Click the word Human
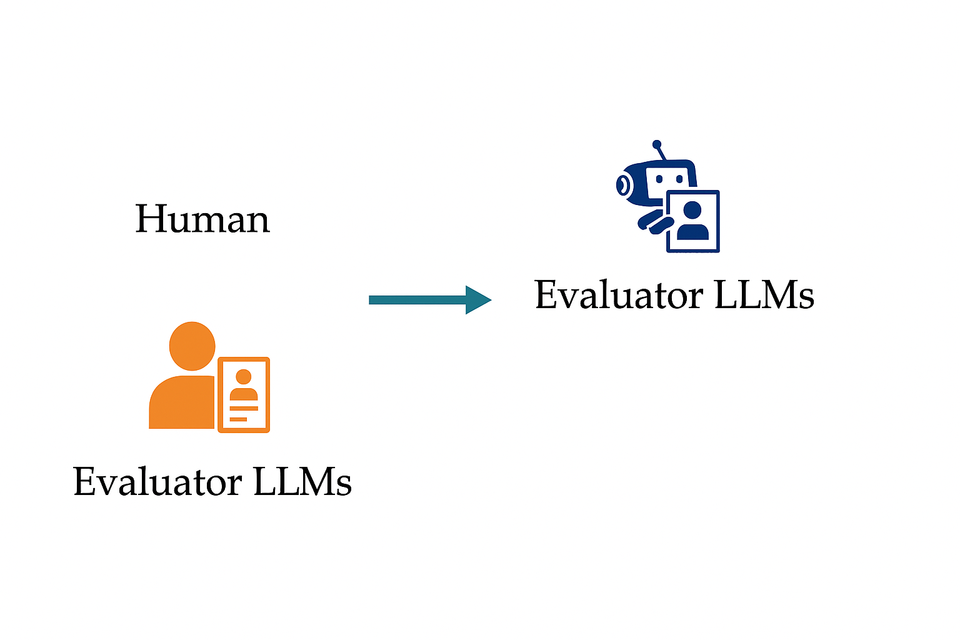(202, 219)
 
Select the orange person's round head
(192, 346)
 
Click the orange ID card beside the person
(244, 395)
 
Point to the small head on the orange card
(243, 376)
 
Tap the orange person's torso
(182, 402)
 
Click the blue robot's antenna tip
(657, 144)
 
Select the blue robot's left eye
(659, 179)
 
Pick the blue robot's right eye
(679, 179)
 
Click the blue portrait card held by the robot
(693, 221)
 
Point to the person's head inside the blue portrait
(692, 209)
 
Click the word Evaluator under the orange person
(157, 481)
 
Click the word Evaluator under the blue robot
(619, 294)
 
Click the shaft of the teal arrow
(418, 299)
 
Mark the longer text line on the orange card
(244, 408)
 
